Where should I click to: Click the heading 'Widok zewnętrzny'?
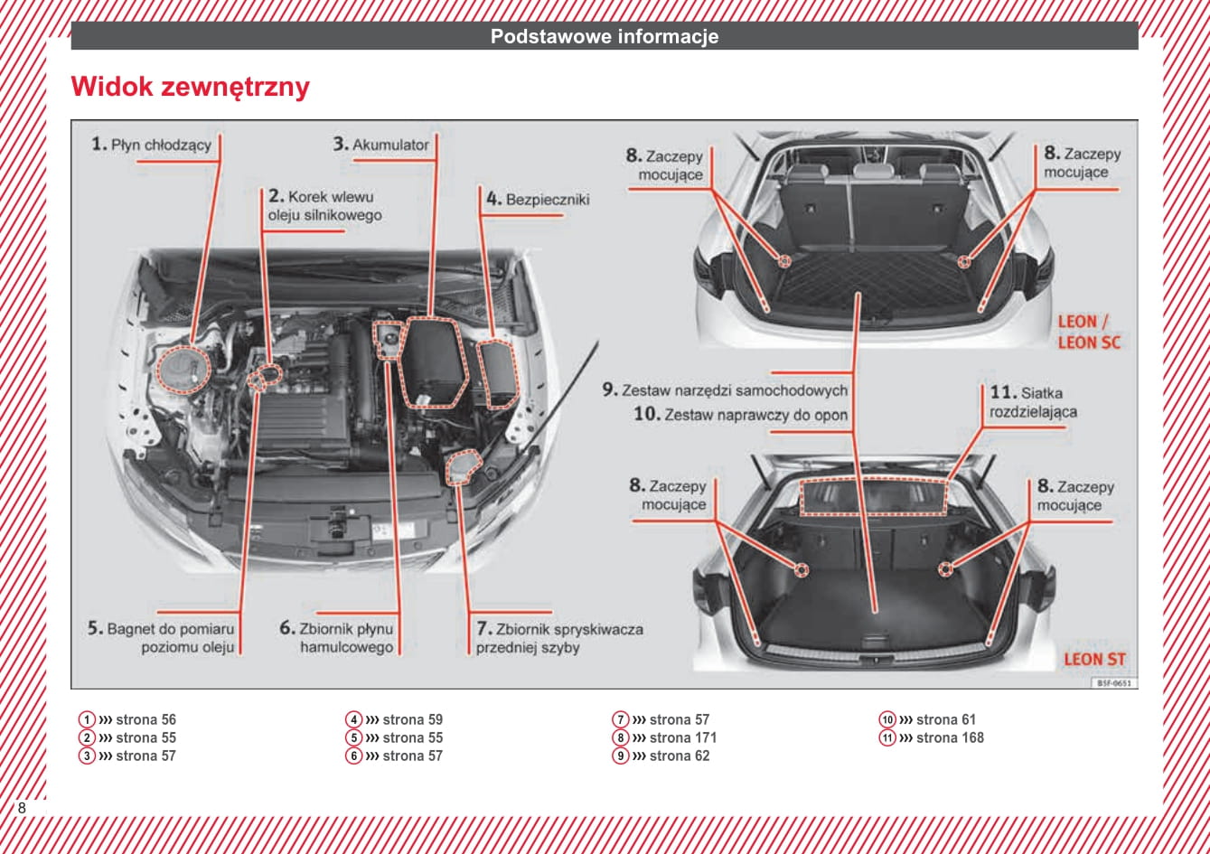click(190, 87)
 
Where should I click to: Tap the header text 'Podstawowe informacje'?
click(604, 36)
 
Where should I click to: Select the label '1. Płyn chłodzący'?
click(152, 144)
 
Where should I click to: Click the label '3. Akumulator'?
click(380, 144)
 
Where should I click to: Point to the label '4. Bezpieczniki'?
click(537, 199)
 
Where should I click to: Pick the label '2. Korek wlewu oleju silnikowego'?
click(324, 206)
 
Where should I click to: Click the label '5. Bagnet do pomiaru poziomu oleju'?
click(161, 638)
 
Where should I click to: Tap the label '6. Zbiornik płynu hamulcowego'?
click(336, 638)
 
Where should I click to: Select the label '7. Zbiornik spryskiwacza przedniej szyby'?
click(558, 638)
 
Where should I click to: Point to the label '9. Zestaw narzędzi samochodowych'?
click(725, 390)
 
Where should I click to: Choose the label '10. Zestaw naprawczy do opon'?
click(740, 415)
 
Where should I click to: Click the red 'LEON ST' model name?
click(1094, 660)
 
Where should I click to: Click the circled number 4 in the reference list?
click(353, 720)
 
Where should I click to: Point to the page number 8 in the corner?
click(22, 808)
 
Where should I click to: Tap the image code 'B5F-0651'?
click(1114, 683)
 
